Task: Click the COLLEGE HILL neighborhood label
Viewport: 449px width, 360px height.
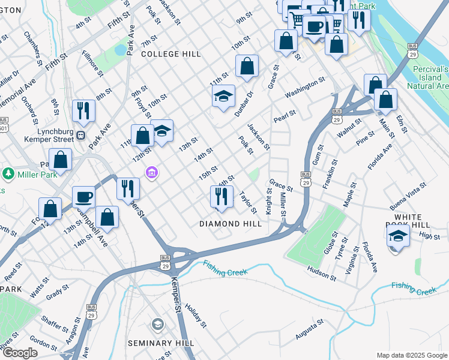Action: pos(171,54)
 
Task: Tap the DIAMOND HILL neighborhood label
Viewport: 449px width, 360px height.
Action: pos(231,224)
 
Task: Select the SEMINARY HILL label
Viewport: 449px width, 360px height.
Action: pos(161,343)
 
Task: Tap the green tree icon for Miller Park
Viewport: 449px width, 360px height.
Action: pos(8,174)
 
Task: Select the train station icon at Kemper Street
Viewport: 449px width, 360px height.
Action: pos(80,135)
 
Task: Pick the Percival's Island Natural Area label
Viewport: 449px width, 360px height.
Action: pos(430,77)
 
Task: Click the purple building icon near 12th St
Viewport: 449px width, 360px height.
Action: pos(152,173)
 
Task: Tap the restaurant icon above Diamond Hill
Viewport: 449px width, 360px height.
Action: pos(221,196)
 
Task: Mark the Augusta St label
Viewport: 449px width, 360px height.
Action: pos(310,328)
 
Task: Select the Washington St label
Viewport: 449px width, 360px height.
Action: pos(305,87)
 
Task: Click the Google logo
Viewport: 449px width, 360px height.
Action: pos(20,353)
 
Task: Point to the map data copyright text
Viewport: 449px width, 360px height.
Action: pos(411,355)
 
